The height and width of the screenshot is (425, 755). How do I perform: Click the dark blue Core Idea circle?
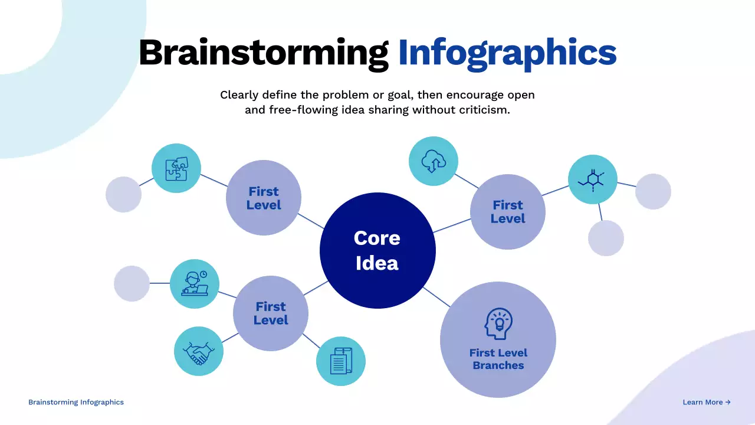point(377,250)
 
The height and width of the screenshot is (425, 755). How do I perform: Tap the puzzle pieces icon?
point(176,168)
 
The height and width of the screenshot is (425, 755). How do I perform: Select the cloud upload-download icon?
point(434,161)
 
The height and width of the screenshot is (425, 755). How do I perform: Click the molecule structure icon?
point(593,179)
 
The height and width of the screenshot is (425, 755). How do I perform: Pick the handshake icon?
point(199,351)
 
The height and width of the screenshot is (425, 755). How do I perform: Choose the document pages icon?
point(341,361)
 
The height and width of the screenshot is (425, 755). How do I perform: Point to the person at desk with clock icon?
point(195,284)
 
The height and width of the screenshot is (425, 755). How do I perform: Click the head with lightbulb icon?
point(498,323)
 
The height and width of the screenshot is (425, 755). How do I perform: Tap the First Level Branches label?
point(498,359)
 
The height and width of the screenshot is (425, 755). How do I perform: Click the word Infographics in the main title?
point(507,52)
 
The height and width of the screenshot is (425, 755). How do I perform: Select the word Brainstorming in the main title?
point(263,52)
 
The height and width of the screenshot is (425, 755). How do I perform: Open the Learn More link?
point(707,402)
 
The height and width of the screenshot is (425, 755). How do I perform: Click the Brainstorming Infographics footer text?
point(76,402)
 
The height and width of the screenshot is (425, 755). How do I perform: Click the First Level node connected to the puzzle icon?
point(264,198)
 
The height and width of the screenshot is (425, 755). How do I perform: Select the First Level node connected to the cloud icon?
point(508,211)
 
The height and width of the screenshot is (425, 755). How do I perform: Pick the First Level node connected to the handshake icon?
point(271,313)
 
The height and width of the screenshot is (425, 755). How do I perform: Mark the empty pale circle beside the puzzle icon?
point(123,194)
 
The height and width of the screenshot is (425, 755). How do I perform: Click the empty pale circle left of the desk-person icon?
point(132,283)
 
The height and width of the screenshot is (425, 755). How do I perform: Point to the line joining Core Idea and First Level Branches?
point(436,297)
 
